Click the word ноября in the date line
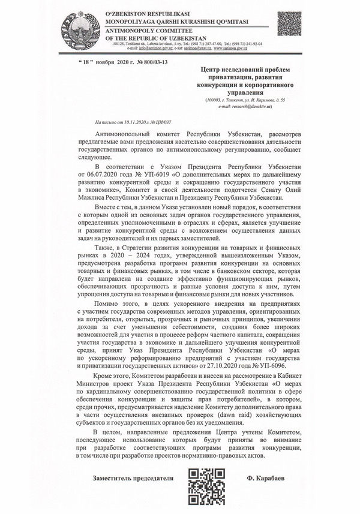pyautogui.click(x=107, y=62)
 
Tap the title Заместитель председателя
pyautogui.click(x=133, y=480)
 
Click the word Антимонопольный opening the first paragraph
pyautogui.click(x=123, y=131)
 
